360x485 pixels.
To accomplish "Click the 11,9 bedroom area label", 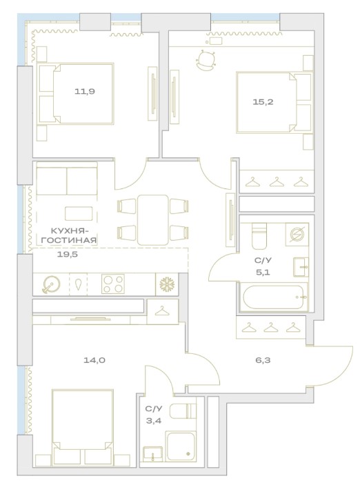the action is tap(84, 91).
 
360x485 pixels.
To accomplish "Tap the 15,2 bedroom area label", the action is tap(263, 102).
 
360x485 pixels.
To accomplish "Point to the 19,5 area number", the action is tap(68, 255).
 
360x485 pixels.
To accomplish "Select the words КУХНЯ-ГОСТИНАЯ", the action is tap(69, 235).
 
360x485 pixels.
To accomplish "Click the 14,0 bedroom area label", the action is tap(94, 360).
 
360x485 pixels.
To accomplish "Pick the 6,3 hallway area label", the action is tap(263, 360).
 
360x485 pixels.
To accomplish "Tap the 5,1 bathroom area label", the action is tap(263, 273).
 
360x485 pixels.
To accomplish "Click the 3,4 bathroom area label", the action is tap(154, 421).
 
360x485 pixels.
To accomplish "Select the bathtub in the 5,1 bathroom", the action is tap(273, 297).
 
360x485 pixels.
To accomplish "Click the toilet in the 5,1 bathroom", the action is tap(259, 236).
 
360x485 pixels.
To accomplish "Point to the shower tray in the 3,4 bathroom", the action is tap(181, 446).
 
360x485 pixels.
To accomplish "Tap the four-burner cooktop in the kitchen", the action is tap(113, 284).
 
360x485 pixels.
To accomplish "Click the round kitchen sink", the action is tap(51, 284).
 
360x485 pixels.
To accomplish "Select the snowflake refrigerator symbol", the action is tap(167, 284).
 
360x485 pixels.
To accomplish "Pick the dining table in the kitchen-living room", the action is tap(153, 219).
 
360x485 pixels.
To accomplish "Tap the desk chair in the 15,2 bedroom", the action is tap(206, 60).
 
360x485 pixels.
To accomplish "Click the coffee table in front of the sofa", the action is tap(79, 213).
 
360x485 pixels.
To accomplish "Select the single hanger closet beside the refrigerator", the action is tap(163, 311).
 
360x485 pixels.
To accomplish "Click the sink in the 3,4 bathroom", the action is tap(153, 455).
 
